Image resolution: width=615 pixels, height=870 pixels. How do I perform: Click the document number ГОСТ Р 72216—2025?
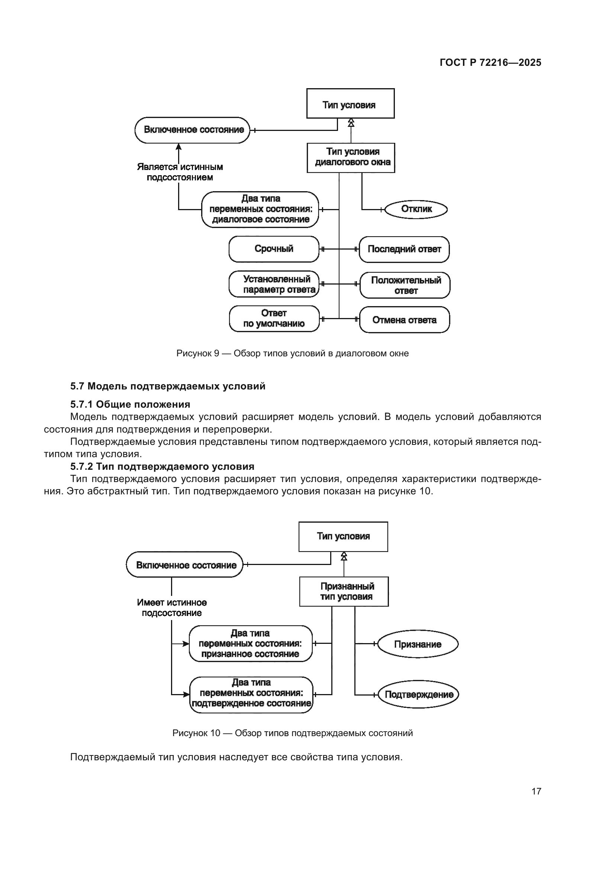click(x=490, y=62)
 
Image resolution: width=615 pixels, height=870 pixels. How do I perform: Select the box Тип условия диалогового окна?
click(x=351, y=158)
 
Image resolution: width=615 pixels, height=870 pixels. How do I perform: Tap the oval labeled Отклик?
click(x=416, y=209)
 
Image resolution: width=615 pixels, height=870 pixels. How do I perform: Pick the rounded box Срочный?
click(x=274, y=249)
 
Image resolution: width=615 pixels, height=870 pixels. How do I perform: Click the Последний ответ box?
click(x=404, y=249)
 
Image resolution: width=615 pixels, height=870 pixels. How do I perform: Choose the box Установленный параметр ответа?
click(x=274, y=284)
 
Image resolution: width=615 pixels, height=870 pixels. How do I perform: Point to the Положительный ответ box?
click(x=405, y=285)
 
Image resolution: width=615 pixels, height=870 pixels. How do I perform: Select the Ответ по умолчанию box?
click(x=274, y=319)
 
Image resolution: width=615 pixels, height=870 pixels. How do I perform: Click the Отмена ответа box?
click(x=404, y=320)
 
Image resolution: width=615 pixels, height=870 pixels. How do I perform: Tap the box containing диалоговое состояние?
click(x=260, y=209)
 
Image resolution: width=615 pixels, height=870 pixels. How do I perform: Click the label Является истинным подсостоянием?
click(x=180, y=173)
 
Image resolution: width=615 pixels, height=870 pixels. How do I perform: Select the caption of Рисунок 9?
click(x=292, y=353)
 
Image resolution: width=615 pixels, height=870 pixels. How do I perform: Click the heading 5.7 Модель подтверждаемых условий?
click(x=167, y=386)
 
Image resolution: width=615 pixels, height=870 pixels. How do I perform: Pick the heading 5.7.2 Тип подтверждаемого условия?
click(x=162, y=466)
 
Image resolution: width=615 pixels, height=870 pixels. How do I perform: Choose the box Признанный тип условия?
click(x=344, y=591)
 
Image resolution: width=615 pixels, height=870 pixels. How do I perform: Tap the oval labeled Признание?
click(x=418, y=644)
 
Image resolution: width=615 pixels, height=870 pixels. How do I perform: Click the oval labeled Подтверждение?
click(x=418, y=694)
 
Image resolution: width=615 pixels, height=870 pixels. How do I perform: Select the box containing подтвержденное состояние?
click(x=251, y=694)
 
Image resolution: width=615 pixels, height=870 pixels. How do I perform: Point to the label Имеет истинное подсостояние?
click(x=172, y=607)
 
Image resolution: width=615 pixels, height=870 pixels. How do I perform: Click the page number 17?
click(x=536, y=791)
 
